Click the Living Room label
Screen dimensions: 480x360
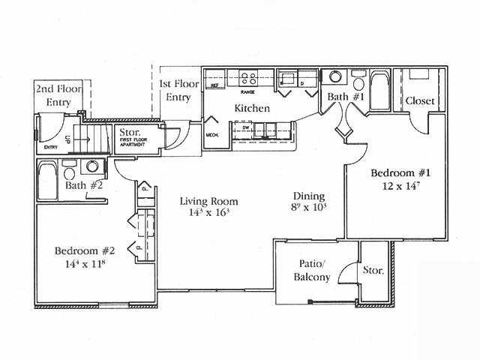pyautogui.click(x=208, y=201)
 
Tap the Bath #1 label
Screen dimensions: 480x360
pyautogui.click(x=346, y=97)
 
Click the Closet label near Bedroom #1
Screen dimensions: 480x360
pyautogui.click(x=421, y=100)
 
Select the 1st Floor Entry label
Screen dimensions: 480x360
pyautogui.click(x=179, y=90)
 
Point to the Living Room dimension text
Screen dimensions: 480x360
pyautogui.click(x=208, y=214)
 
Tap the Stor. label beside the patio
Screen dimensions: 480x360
pyautogui.click(x=373, y=270)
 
